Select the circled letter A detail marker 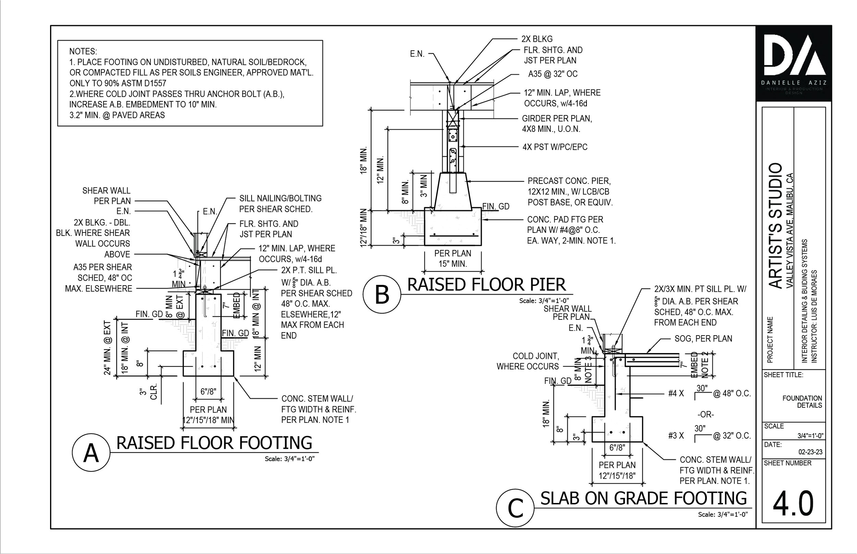(91, 453)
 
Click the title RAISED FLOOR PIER (486, 285)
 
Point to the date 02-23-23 (810, 452)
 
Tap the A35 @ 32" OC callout (552, 74)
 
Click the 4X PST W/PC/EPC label (555, 147)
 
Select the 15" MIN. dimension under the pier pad (452, 264)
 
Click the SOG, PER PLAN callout (703, 339)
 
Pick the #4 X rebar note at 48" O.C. (676, 393)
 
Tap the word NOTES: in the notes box (83, 51)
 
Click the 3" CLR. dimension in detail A (148, 392)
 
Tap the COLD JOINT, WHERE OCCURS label (528, 361)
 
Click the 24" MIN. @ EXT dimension (108, 348)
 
